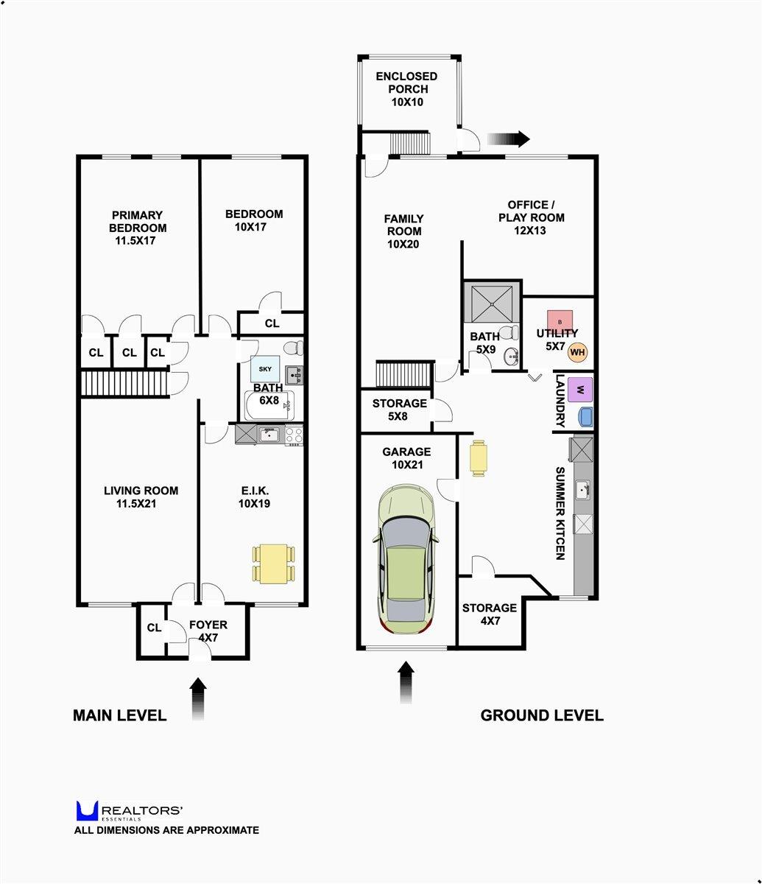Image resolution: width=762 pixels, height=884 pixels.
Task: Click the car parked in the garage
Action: click(407, 560)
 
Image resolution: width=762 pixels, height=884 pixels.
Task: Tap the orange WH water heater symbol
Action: click(578, 353)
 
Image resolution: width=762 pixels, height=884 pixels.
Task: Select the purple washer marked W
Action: click(580, 389)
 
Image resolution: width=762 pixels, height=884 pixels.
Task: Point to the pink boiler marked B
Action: click(560, 322)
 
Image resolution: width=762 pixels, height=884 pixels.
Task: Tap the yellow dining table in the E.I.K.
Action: click(274, 564)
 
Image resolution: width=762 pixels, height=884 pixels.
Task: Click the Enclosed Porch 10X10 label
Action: click(406, 89)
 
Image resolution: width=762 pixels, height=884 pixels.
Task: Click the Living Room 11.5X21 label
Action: click(141, 497)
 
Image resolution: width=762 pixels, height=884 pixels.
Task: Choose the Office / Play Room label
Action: click(531, 217)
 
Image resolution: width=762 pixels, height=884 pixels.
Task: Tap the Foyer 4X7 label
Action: click(208, 631)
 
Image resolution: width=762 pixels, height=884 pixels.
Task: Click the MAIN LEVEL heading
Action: click(119, 715)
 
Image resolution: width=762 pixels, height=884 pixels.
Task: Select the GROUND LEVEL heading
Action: click(541, 715)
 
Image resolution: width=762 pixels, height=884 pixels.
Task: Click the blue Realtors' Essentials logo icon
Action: click(87, 811)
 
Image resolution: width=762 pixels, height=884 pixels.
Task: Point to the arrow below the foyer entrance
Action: click(198, 699)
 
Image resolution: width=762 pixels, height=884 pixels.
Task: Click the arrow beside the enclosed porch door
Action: click(508, 138)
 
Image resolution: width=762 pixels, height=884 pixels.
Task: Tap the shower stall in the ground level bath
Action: click(492, 301)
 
